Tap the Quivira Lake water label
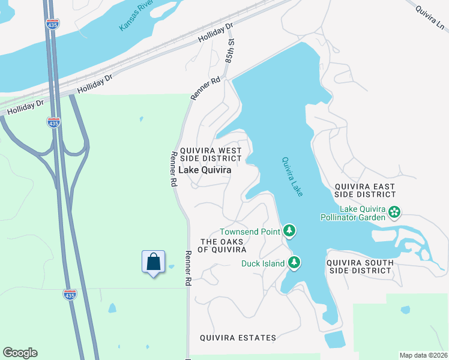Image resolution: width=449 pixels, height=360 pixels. click(x=293, y=176)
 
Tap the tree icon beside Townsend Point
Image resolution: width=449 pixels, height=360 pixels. click(x=289, y=230)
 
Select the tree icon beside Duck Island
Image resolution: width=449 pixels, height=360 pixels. click(x=294, y=262)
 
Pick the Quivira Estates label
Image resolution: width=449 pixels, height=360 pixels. click(x=238, y=338)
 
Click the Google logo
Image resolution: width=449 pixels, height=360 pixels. click(x=20, y=353)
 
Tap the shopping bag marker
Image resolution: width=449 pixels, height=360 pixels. click(x=154, y=262)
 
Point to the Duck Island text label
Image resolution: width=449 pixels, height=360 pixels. click(x=263, y=263)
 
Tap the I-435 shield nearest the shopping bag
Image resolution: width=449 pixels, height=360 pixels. click(x=70, y=295)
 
